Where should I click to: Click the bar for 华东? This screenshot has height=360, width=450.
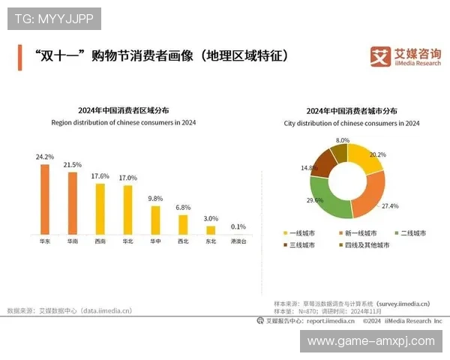pos(44,199)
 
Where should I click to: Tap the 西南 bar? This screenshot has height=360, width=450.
pos(100,209)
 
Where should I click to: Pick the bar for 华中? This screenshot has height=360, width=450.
pos(155,220)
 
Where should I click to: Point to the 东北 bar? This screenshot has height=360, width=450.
pos(211,230)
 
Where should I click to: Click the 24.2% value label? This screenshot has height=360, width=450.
pos(44,157)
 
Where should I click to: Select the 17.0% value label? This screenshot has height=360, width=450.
pos(127,178)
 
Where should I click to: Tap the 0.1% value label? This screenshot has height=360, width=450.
pos(238,226)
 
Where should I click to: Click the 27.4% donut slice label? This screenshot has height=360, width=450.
pos(389,205)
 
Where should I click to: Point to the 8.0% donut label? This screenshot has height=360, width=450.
pos(343,140)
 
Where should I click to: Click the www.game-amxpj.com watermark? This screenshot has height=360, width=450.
pos(371,341)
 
